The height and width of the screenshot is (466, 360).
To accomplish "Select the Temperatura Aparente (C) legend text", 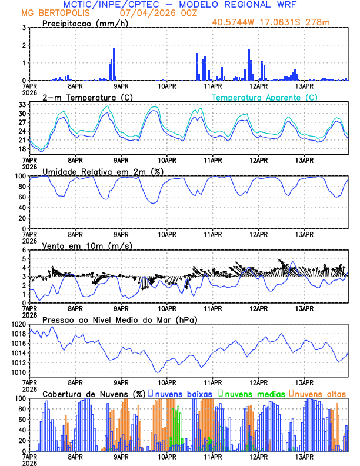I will coord(265,97).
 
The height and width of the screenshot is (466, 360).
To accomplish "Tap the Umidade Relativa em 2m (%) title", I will coord(102,171).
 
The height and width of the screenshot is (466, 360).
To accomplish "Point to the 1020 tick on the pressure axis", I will coord(18,324).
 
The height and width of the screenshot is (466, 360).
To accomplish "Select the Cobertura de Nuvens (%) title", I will coord(94,394).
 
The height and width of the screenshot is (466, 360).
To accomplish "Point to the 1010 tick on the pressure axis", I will coord(18,372).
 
